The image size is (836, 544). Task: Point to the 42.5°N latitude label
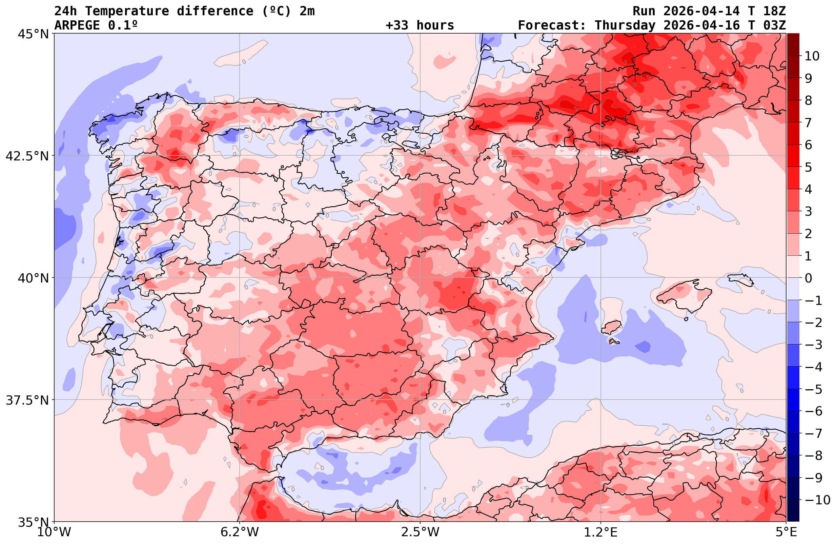[x=27, y=156]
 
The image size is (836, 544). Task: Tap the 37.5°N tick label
[x=27, y=400]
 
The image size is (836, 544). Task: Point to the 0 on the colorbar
[x=808, y=278]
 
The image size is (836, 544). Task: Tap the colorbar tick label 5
[x=808, y=167]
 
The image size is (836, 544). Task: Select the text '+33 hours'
[x=420, y=25]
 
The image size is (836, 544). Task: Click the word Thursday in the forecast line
[x=625, y=25]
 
